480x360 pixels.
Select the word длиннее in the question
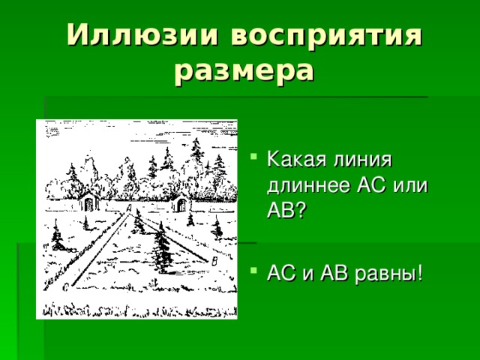point(307,185)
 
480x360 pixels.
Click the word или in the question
point(409,185)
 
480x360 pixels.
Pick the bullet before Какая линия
point(257,159)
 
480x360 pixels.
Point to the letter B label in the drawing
point(215,260)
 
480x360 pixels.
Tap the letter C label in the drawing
point(66,286)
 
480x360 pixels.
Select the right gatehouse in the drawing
point(181,200)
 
